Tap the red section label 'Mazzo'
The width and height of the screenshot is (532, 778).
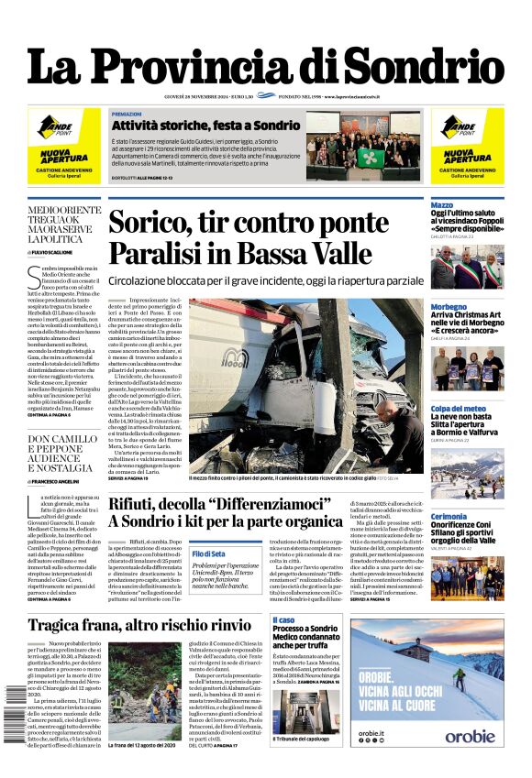pyautogui.click(x=442, y=205)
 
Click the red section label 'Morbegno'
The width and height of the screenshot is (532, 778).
pyautogui.click(x=449, y=307)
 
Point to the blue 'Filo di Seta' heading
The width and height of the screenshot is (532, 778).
pyautogui.click(x=208, y=553)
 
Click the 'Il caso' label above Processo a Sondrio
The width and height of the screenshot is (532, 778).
pyautogui.click(x=284, y=620)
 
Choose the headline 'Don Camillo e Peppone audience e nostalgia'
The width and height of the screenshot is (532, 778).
pyautogui.click(x=62, y=453)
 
